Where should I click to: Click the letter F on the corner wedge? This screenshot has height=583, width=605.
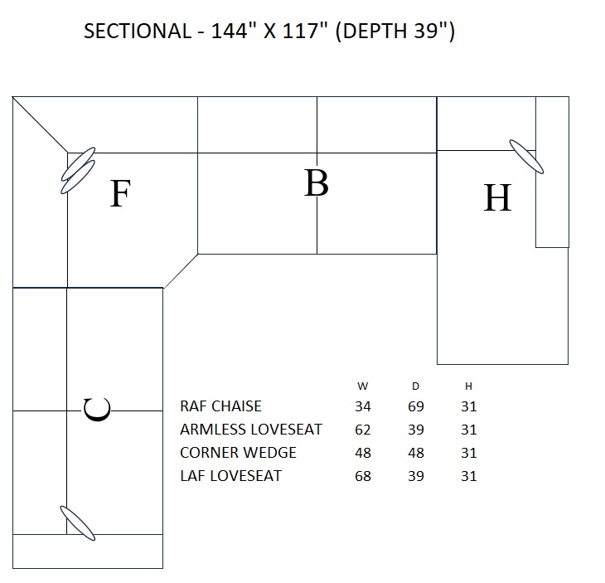[120, 194]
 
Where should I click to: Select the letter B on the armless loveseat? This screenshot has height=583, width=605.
[316, 183]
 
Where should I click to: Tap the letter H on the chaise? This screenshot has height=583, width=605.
[497, 198]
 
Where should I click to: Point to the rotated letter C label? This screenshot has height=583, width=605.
[98, 410]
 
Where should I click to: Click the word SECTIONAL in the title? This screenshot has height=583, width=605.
[138, 32]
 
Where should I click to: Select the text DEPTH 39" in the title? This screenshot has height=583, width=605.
[395, 32]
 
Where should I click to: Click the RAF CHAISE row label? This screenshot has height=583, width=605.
[220, 406]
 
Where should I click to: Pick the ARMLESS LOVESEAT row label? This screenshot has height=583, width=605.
[251, 430]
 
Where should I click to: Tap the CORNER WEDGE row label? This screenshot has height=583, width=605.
[238, 453]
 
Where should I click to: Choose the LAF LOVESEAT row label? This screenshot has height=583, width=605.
[230, 476]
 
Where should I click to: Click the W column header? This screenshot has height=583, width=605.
[363, 386]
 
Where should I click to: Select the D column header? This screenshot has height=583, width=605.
[416, 386]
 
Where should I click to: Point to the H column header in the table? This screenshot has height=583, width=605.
[468, 386]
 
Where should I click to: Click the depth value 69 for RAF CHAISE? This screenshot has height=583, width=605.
[416, 406]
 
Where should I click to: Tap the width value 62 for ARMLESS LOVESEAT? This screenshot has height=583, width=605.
[363, 430]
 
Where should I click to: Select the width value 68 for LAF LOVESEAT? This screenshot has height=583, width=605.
[363, 476]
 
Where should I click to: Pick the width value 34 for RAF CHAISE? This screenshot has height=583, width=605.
[363, 406]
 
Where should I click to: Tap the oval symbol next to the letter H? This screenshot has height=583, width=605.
[526, 156]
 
